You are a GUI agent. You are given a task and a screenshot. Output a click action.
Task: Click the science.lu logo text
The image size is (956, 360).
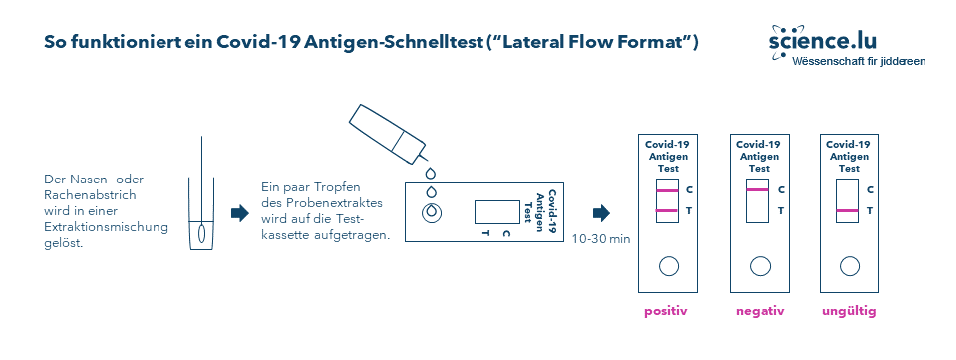point(822,41)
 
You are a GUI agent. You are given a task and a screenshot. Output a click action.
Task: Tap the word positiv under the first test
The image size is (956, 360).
point(667,311)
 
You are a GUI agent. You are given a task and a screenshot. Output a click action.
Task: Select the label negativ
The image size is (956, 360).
point(759,311)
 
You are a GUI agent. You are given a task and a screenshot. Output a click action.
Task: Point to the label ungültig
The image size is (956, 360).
point(849,311)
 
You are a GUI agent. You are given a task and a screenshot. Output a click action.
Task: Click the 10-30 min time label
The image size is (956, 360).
point(602,238)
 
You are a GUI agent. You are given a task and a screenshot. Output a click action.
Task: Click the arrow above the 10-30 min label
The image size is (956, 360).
point(601,213)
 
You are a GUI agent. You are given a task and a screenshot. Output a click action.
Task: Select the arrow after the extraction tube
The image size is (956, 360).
point(239,213)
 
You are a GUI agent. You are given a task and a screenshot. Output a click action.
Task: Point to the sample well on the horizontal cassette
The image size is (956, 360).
point(432,212)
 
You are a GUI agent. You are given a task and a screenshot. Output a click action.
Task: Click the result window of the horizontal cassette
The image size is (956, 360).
point(491,211)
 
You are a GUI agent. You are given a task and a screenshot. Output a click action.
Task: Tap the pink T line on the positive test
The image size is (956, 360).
point(667,210)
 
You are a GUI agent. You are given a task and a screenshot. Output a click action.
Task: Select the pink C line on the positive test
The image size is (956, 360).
point(667,189)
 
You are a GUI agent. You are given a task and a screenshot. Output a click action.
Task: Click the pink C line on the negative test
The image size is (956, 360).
point(758,189)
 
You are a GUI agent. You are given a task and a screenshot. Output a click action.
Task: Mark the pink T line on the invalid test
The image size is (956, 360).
point(848,210)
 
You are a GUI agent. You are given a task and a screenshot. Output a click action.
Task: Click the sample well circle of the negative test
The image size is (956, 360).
point(759,265)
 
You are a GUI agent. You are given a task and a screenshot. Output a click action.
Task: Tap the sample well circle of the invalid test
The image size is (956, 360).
point(849,265)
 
